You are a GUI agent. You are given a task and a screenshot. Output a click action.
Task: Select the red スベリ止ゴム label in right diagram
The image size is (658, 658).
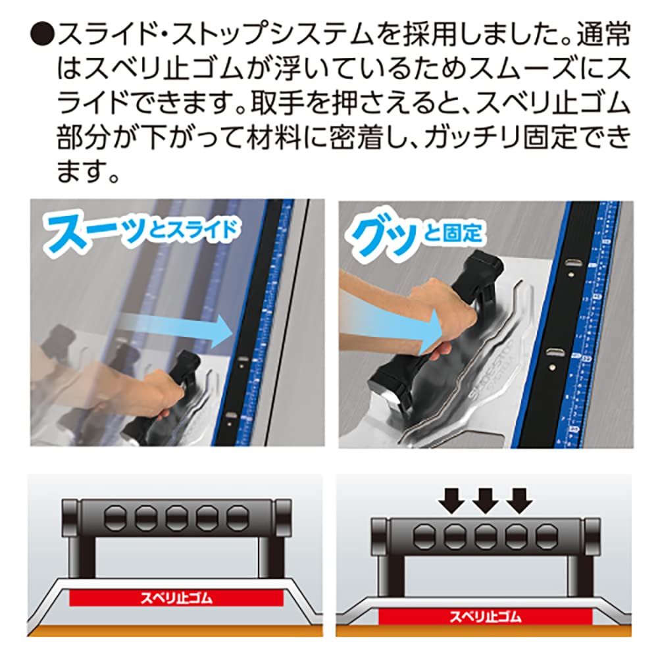coord(485,617)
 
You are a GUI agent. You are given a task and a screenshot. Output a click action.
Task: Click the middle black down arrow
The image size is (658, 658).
coord(485,501)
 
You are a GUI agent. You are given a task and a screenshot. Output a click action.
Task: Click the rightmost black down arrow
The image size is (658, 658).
coord(519,501)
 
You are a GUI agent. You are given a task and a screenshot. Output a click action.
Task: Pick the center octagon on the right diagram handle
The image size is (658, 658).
coord(485,536)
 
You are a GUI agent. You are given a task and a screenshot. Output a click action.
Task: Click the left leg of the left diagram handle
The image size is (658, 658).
coord(88,559)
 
